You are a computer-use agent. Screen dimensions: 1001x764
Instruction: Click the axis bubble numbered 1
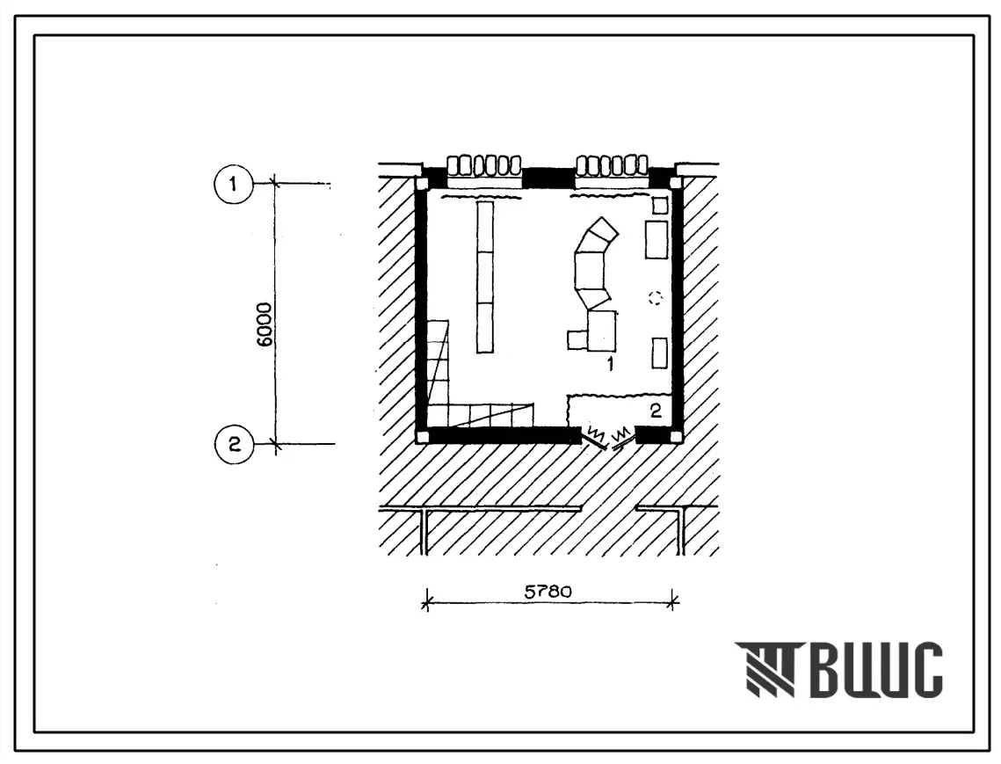pyautogui.click(x=233, y=184)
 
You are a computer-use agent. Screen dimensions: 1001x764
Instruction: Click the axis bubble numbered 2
pyautogui.click(x=235, y=444)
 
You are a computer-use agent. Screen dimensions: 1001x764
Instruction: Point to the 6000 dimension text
pyautogui.click(x=265, y=324)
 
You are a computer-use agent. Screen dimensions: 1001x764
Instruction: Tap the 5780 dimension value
pyautogui.click(x=548, y=592)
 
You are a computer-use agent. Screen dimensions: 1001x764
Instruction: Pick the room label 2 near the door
pyautogui.click(x=656, y=411)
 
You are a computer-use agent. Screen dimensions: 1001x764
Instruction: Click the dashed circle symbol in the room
pyautogui.click(x=655, y=298)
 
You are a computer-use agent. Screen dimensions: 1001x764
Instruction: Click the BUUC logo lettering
pyautogui.click(x=878, y=669)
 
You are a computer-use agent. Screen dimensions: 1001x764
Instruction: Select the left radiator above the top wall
pyautogui.click(x=484, y=166)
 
